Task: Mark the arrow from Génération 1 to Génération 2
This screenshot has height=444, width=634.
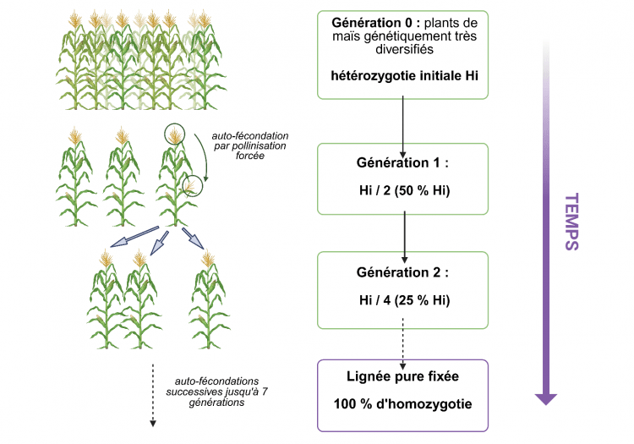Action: tap(404, 233)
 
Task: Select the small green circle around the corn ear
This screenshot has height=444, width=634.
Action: tap(194, 182)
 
